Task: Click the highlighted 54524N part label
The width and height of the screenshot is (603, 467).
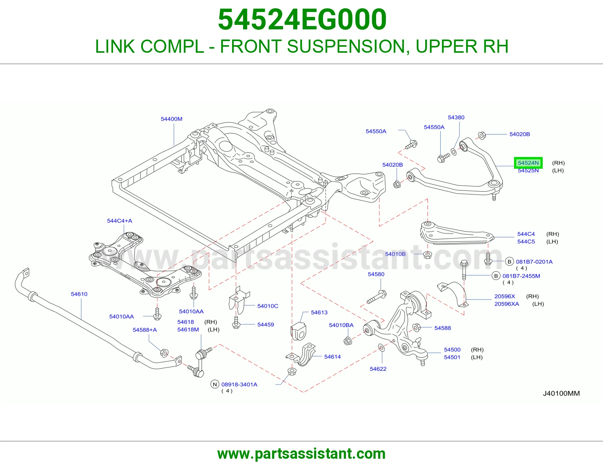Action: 528,163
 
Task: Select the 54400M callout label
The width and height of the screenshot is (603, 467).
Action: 171,119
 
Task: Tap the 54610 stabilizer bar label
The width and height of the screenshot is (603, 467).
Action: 79,294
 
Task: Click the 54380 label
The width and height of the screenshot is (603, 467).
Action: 456,117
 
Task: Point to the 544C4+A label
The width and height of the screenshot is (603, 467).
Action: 119,221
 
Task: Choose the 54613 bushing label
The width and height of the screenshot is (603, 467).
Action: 319,312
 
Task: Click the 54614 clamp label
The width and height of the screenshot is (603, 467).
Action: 332,357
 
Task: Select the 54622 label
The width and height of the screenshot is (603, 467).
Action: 378,369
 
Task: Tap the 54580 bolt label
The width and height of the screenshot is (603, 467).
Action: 376,274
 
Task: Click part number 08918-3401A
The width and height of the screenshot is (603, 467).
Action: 239,385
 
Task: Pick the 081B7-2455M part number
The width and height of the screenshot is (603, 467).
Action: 521,276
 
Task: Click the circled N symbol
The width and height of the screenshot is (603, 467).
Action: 214,385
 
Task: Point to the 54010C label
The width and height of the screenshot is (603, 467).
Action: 268,306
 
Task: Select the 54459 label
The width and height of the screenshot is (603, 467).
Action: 266,325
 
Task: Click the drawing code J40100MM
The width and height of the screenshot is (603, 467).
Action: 561,393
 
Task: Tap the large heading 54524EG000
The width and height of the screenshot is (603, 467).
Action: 302,20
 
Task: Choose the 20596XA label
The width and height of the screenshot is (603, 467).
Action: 507,304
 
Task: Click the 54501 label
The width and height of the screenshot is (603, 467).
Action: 452,357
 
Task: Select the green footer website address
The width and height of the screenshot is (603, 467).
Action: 301,454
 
